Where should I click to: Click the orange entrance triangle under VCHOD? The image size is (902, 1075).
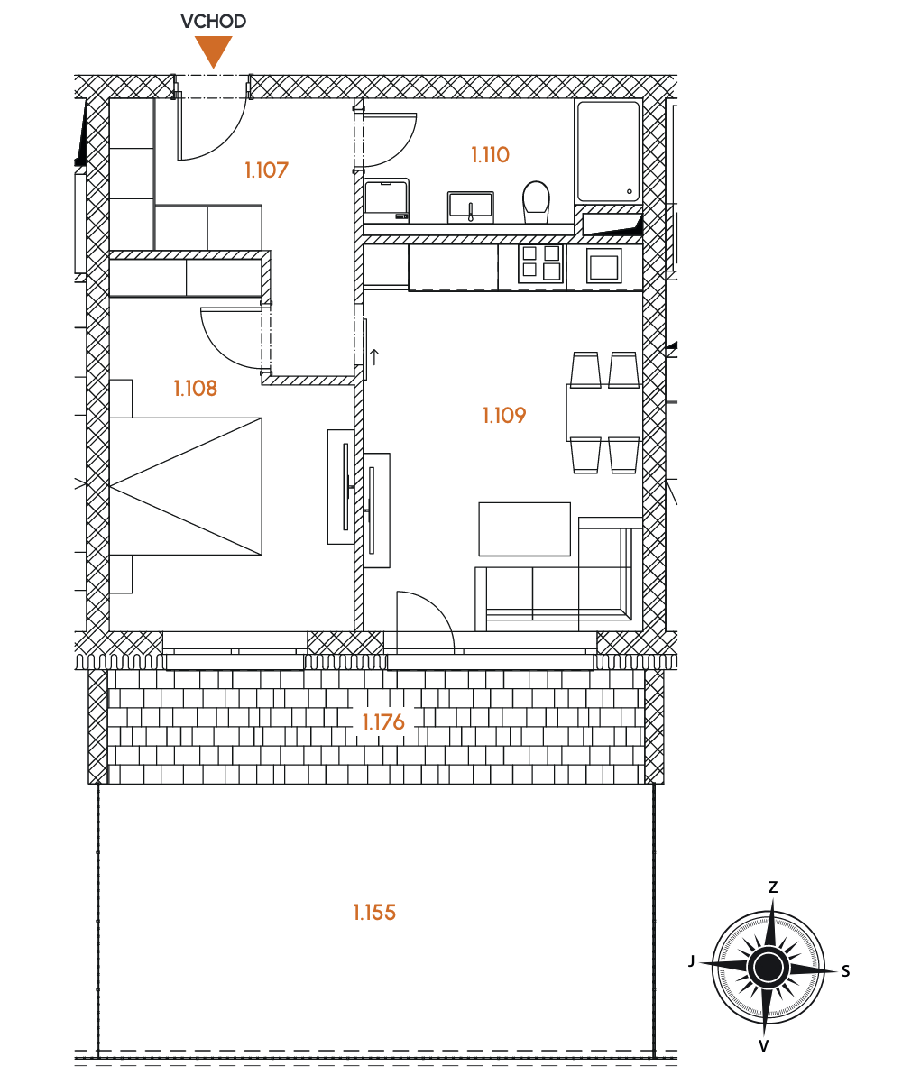(x=214, y=50)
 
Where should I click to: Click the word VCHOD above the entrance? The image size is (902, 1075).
(x=214, y=22)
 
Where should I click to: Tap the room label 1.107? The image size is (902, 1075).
(x=266, y=170)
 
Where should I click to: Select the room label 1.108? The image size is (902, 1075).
(x=196, y=389)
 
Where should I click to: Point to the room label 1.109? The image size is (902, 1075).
(x=504, y=416)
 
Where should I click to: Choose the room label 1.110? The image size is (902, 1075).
(x=490, y=155)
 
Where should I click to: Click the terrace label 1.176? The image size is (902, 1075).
(x=383, y=721)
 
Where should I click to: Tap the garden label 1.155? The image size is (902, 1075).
(x=374, y=913)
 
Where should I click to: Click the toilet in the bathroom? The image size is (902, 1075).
(x=536, y=202)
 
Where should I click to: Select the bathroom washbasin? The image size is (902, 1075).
(x=471, y=207)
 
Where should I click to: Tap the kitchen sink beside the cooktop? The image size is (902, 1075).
(x=603, y=266)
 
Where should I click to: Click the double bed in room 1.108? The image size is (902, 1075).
(x=185, y=486)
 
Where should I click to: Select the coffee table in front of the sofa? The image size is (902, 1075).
(x=524, y=529)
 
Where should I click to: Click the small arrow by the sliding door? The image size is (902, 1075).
(x=374, y=357)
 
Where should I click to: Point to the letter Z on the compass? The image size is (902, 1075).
(x=773, y=887)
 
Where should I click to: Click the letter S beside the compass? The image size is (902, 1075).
(x=846, y=971)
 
